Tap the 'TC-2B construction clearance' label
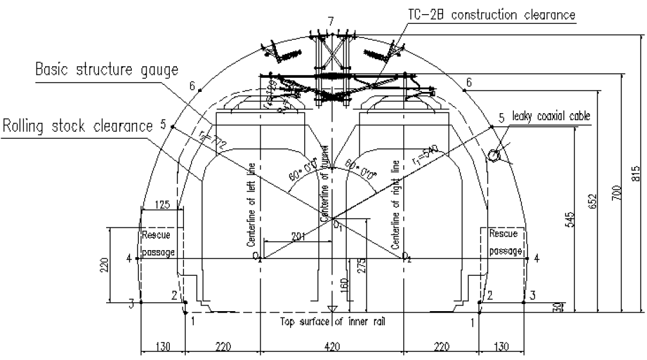click(491, 14)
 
